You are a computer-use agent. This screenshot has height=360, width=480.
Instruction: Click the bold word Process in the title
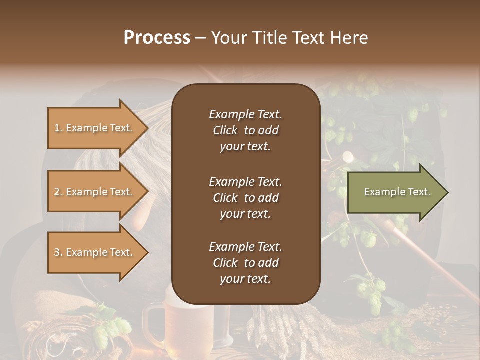[x=157, y=38]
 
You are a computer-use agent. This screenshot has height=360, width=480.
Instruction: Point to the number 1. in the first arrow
[x=58, y=128]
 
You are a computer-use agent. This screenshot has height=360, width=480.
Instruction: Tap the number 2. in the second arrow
[x=58, y=192]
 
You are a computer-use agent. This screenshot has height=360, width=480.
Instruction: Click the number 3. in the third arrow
[x=58, y=252]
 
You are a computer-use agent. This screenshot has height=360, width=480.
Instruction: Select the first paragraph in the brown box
[x=245, y=130]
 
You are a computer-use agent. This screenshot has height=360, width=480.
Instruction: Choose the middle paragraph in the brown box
[x=245, y=198]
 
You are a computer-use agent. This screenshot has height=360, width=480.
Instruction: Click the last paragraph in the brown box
[x=245, y=263]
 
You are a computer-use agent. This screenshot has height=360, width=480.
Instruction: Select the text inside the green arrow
[x=397, y=192]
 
